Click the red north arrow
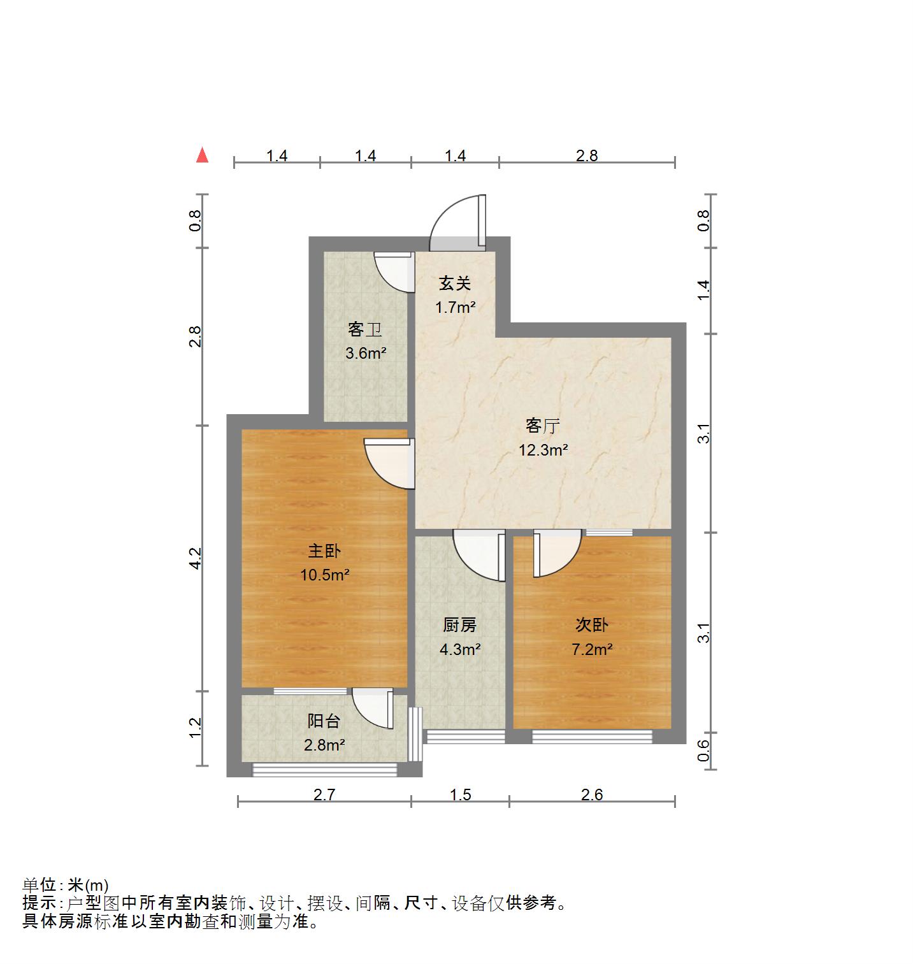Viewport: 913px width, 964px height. point(202,155)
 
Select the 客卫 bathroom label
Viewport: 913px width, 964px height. point(364,329)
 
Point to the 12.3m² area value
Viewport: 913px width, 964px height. point(543,450)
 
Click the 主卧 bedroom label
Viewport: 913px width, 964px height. point(324,550)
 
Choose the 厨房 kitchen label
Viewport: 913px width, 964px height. point(459,625)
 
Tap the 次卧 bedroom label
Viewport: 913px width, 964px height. point(592,625)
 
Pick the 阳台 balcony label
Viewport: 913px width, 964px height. point(324,721)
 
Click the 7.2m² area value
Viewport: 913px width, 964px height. point(592,649)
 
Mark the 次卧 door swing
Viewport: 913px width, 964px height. point(556,553)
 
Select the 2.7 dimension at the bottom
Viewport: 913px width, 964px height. point(324,795)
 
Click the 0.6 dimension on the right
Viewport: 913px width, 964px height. point(703,751)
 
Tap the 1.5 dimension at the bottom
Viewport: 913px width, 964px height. point(460,795)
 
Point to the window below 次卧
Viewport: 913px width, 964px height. point(592,737)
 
